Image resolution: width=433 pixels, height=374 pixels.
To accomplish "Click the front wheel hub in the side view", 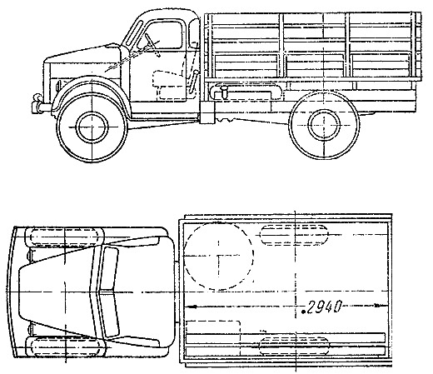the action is [92, 127].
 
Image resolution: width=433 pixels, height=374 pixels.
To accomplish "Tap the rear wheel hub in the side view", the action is [324, 125].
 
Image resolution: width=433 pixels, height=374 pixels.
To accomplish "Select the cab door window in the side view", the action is [164, 36].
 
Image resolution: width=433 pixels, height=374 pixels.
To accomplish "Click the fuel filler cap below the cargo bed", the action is [224, 91].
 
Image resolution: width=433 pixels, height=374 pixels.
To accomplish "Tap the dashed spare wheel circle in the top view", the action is [219, 256].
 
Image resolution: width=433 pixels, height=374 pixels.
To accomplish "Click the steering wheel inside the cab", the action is [152, 45].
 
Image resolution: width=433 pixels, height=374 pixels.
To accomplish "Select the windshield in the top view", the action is [109, 292].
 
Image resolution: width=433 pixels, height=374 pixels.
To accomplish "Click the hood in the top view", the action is [56, 292].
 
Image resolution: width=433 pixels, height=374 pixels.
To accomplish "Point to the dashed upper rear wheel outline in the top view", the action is [294, 235].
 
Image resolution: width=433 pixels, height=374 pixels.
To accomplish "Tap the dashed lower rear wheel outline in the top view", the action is [294, 347].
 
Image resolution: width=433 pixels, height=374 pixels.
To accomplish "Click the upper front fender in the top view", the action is [65, 237].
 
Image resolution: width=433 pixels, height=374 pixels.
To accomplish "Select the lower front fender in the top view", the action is [65, 347].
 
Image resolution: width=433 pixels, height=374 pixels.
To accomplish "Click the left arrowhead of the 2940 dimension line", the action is [191, 307].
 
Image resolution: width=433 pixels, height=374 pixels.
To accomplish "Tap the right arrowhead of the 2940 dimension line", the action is [379, 306].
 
